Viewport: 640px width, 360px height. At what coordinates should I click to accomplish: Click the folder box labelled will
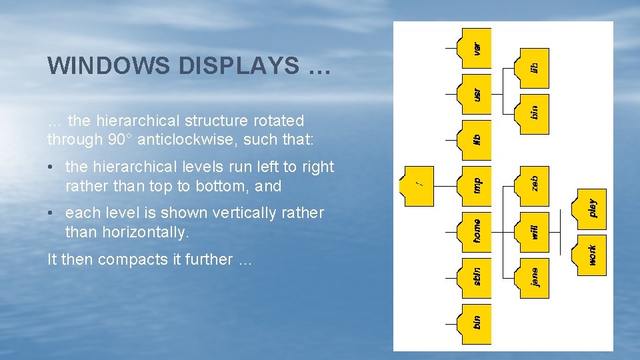(535, 231)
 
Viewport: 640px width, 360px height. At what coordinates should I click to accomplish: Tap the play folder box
(593, 209)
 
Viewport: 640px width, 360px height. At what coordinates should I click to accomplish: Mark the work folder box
(593, 255)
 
